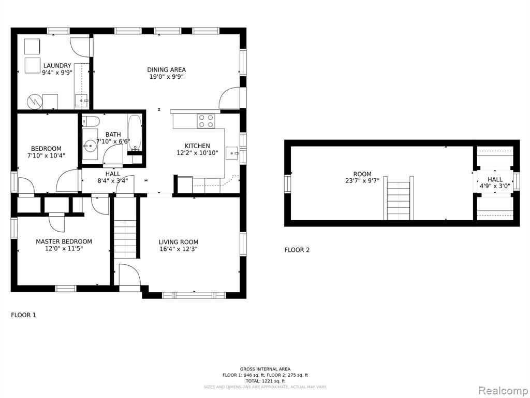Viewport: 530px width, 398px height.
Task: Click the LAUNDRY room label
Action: coord(57,66)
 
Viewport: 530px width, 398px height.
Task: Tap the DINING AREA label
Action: coord(166,70)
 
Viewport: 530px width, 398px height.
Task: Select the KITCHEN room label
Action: coord(197,146)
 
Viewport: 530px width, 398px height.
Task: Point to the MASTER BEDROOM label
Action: coord(64,241)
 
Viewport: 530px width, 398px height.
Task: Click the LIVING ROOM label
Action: coord(179,242)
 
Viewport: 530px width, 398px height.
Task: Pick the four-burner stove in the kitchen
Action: coord(206,121)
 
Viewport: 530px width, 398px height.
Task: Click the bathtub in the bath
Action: coord(135,132)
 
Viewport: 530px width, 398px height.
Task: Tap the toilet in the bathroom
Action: coord(91,121)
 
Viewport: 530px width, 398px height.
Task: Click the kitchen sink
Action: coord(232,153)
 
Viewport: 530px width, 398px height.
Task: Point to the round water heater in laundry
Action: coord(35,102)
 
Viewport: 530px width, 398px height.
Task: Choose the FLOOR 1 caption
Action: coord(23,315)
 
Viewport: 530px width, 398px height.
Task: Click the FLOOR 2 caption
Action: coord(297,250)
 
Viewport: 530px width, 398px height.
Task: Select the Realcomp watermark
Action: coord(503,391)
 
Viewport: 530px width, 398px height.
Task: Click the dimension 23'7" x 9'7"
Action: coord(362,181)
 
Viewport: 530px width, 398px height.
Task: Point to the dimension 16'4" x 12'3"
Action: coord(179,249)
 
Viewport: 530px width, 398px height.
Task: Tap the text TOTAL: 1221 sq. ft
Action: coord(266,381)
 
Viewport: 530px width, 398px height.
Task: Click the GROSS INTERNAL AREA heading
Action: coord(266,369)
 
